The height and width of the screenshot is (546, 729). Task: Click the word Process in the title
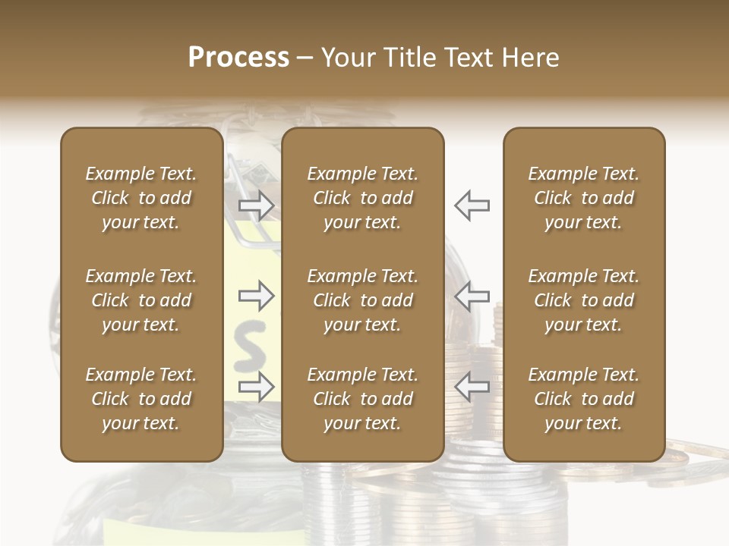click(238, 58)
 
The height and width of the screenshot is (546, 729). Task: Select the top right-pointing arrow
click(256, 205)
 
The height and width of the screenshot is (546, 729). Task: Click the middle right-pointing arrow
click(256, 296)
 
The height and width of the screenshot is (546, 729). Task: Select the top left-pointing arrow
click(472, 205)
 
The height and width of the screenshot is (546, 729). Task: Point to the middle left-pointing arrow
click(472, 296)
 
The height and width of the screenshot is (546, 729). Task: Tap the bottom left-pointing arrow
click(472, 386)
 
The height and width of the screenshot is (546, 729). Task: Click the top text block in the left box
click(141, 198)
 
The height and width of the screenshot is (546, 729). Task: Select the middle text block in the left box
click(141, 300)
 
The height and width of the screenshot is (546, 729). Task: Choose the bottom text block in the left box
click(141, 399)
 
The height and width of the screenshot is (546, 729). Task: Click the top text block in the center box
click(363, 198)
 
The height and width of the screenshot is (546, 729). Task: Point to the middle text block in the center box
click(363, 300)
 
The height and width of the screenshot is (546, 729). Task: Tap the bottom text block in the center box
click(363, 399)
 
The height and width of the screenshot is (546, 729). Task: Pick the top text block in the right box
click(584, 198)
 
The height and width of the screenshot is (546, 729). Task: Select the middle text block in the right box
click(584, 300)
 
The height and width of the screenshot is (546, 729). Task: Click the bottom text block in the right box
click(584, 399)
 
